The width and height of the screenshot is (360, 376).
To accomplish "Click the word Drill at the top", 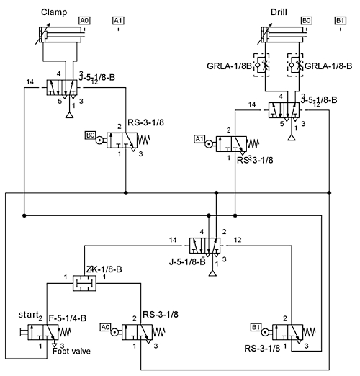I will [x=279, y=12].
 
